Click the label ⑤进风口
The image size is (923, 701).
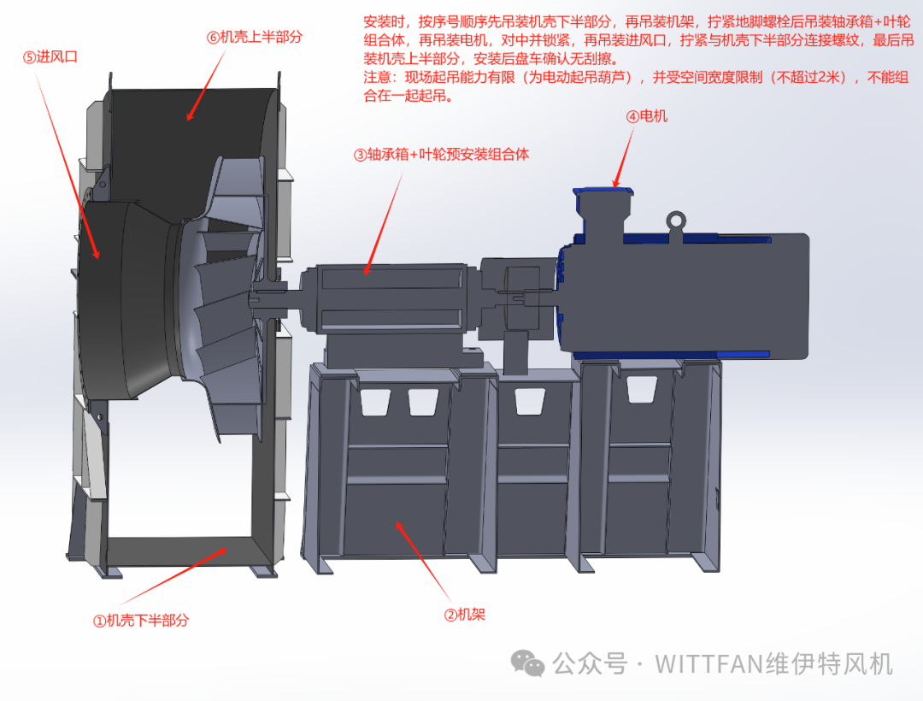50,57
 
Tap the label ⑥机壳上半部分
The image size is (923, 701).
255,37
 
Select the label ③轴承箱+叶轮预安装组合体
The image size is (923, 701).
441,154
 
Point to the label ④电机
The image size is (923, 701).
646,116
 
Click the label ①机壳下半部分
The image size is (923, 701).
141,621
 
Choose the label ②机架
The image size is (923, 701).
464,615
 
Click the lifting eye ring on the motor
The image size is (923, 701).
676,221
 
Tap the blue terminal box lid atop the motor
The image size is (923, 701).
603,191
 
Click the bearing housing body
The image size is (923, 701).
391,299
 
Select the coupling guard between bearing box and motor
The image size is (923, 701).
518,299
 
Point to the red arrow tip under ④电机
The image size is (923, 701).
615,186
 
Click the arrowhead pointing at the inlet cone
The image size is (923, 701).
97,256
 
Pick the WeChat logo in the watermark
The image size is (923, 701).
527,663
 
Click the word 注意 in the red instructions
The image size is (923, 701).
378,77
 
